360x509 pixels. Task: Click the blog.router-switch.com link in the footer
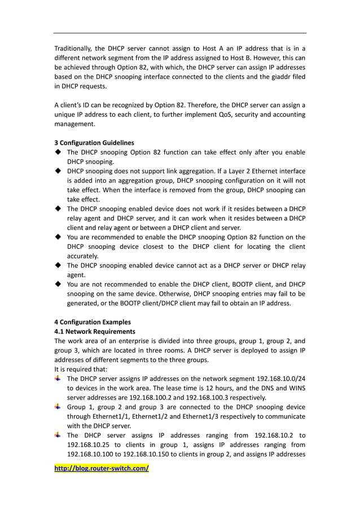point(101,468)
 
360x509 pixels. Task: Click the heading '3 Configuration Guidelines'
point(94,142)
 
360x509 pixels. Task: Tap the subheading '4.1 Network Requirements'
point(94,331)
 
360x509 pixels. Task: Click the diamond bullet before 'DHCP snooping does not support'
point(59,171)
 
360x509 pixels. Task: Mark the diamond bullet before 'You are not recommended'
point(59,284)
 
